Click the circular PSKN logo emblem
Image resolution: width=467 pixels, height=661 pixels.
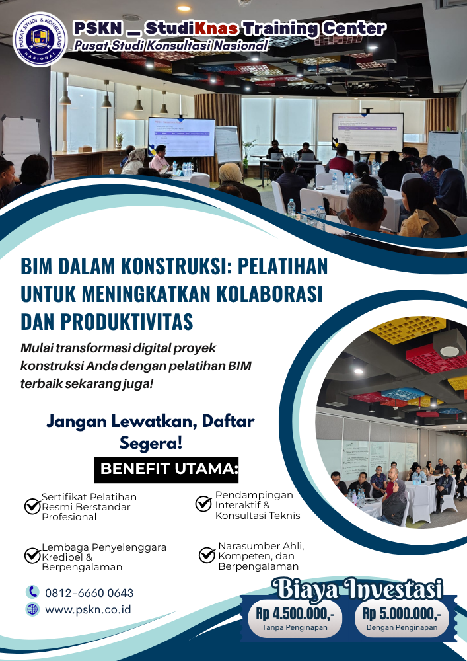[40, 39]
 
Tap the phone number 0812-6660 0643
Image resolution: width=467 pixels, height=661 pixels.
[89, 593]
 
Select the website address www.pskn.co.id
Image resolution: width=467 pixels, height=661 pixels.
[88, 609]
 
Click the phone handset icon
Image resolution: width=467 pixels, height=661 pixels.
[32, 592]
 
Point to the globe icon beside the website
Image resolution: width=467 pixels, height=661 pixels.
[32, 609]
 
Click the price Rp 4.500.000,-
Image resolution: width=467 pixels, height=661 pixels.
[295, 614]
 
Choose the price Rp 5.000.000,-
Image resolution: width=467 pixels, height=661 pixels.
[402, 614]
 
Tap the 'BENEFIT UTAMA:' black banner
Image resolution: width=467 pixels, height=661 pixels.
[166, 469]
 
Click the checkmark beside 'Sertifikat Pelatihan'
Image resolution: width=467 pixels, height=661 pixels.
[32, 506]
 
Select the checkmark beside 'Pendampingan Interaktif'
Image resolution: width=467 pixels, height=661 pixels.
[203, 503]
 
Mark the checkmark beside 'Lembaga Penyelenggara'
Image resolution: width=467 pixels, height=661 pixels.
[32, 555]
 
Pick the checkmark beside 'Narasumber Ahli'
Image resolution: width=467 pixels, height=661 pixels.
[207, 555]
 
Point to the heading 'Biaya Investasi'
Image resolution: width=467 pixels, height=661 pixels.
[357, 589]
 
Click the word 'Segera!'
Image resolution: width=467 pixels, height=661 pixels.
[151, 443]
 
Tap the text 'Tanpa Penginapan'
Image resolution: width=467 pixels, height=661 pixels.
[295, 627]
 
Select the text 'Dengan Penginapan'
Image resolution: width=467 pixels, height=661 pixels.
[402, 627]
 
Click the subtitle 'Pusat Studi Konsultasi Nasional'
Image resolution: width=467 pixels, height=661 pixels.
[170, 45]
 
